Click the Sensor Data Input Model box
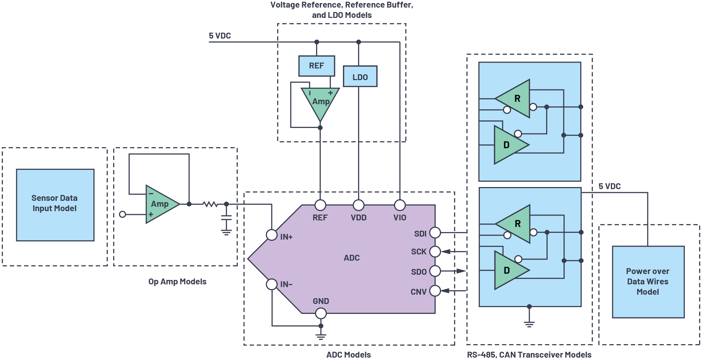point(55,205)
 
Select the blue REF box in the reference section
point(316,66)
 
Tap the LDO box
point(360,76)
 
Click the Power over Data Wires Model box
point(648,282)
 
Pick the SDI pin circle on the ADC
point(435,232)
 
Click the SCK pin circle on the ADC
point(435,251)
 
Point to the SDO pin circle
point(435,271)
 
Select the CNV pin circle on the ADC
point(435,291)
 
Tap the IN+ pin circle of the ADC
point(272,235)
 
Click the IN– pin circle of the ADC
point(272,284)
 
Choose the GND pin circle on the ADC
point(321,313)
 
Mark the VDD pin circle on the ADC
point(358,205)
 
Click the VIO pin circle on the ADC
point(400,205)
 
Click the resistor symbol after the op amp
point(210,204)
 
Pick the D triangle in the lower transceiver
point(508,270)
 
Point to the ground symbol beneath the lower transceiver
point(529,324)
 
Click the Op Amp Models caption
point(177,282)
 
